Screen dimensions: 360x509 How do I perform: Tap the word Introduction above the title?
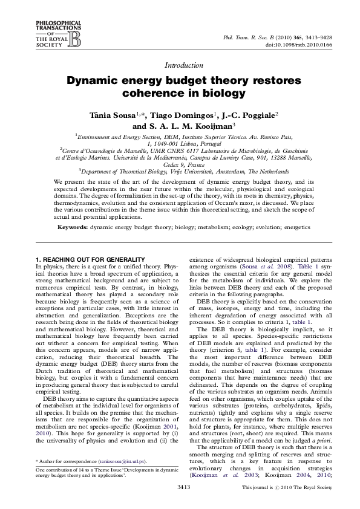point(183,65)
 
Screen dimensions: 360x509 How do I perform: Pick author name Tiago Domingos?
point(171,114)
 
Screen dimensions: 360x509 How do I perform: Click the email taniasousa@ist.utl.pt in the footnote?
point(129,461)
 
